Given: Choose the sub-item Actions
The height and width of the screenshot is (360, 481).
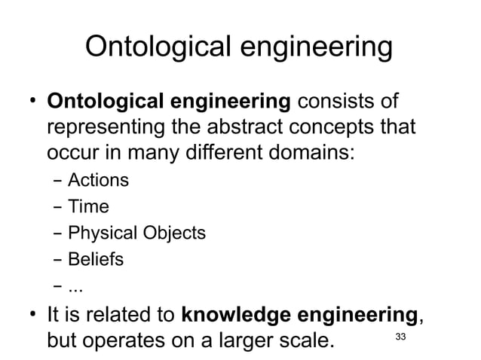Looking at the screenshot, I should tap(98, 181).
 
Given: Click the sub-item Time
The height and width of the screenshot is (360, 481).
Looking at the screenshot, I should tap(88, 206).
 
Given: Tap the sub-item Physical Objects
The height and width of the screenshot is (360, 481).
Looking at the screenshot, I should tap(136, 233).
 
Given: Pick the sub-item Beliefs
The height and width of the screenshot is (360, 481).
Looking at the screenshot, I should tap(95, 260).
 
